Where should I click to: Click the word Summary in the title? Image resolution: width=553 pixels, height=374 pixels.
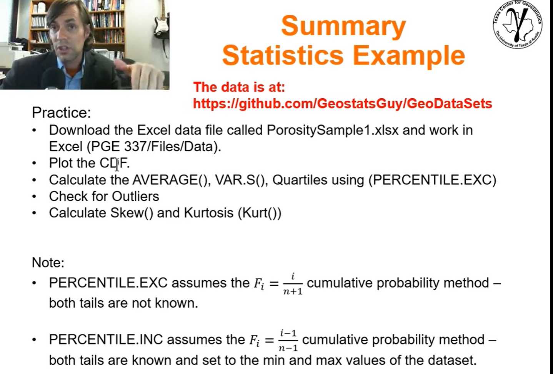pyautogui.click(x=343, y=26)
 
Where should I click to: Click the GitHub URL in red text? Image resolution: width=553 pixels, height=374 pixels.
pyautogui.click(x=342, y=104)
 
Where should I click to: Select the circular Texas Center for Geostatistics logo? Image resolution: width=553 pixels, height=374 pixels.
pyautogui.click(x=518, y=24)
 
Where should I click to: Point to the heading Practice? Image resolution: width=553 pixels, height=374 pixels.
pyautogui.click(x=62, y=113)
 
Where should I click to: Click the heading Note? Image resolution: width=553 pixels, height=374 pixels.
pyautogui.click(x=48, y=262)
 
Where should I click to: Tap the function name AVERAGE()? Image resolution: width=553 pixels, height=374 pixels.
pyautogui.click(x=172, y=180)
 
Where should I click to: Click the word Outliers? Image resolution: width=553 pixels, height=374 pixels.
pyautogui.click(x=135, y=197)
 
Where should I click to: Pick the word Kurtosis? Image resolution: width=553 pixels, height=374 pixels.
pyautogui.click(x=208, y=213)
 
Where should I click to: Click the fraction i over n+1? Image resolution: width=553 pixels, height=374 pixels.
pyautogui.click(x=293, y=284)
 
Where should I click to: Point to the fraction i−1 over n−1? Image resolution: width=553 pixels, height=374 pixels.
pyautogui.click(x=288, y=341)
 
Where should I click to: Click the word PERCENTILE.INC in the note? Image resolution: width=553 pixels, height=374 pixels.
pyautogui.click(x=106, y=340)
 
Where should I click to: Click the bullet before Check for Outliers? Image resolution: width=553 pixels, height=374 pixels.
pyautogui.click(x=34, y=197)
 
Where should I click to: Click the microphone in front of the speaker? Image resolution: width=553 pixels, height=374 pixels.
pyautogui.click(x=53, y=79)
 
